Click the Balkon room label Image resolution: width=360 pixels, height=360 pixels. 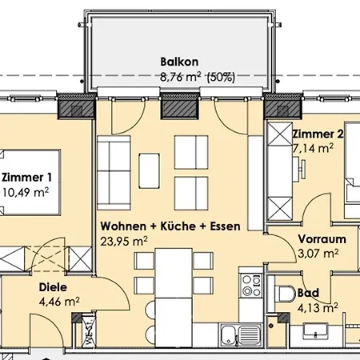point(179,62)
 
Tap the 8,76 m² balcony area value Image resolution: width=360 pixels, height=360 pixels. point(181,77)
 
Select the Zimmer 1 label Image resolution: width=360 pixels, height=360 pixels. point(26,178)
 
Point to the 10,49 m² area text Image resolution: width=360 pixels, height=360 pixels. point(26,192)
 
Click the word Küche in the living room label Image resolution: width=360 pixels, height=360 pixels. point(178,226)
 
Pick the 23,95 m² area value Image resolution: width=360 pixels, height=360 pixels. point(124,242)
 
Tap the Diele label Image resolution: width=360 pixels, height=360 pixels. point(53,287)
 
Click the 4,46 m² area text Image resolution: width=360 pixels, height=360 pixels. point(59,302)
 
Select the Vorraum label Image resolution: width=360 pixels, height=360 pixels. point(322,239)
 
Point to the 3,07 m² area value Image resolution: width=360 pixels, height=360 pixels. point(318,254)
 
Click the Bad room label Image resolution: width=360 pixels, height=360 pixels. point(308,293)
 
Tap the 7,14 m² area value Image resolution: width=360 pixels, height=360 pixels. point(313,148)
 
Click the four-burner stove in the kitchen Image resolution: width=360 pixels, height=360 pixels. point(250,286)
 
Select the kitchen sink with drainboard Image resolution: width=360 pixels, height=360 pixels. point(240,335)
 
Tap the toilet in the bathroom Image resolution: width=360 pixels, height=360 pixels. point(285,293)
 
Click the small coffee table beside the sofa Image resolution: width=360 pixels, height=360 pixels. point(149,170)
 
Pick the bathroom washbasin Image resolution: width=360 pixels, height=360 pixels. point(316,332)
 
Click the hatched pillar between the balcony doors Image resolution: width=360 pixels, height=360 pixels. point(180,106)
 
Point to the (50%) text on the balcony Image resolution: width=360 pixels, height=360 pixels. point(221,78)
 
